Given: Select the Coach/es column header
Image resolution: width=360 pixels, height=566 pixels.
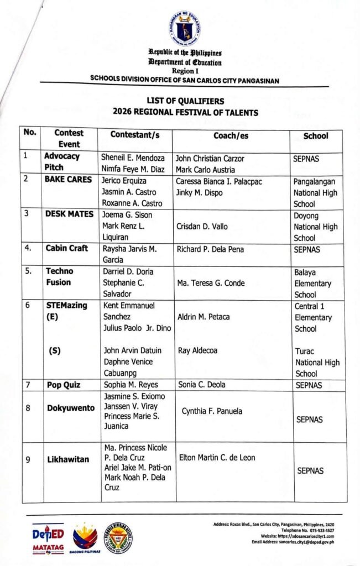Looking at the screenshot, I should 231,135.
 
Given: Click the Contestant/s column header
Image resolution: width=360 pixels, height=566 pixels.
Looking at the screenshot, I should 134,134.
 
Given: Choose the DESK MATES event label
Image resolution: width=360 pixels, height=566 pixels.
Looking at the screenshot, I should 69,214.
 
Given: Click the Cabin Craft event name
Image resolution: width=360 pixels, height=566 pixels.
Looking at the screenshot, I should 67,248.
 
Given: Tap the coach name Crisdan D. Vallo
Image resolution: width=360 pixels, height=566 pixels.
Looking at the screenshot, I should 202,227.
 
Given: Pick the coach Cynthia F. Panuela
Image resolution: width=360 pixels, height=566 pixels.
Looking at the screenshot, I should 212,411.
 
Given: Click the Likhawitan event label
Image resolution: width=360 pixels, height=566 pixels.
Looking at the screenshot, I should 68,459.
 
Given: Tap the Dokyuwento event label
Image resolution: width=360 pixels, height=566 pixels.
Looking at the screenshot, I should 70,408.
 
